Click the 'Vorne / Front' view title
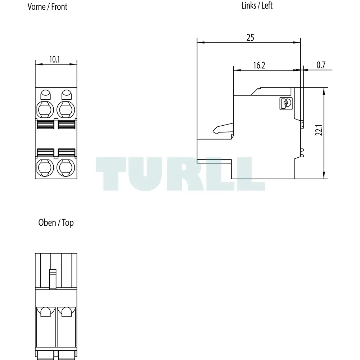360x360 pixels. coord(48,6)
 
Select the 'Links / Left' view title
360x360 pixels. coord(257,5)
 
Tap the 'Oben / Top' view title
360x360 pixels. coord(56,222)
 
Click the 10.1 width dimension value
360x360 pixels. coord(55,59)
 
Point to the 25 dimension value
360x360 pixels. coord(250,37)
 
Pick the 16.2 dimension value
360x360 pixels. coord(259,66)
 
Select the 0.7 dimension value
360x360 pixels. coord(321,65)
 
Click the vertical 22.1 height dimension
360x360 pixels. coord(319,130)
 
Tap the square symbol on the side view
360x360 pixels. coord(286,103)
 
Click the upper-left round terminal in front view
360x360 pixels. coord(45,110)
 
